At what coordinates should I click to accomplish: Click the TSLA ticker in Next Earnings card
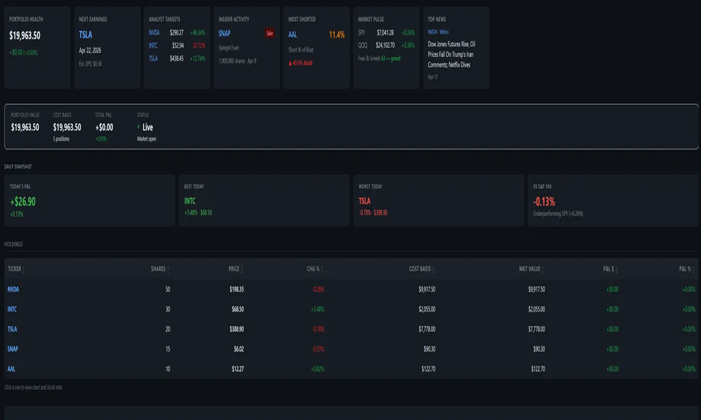tap(86, 35)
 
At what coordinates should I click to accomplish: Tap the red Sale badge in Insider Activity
tap(269, 33)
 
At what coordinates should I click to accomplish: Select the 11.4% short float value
tap(337, 35)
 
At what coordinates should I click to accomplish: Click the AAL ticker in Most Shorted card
tap(293, 35)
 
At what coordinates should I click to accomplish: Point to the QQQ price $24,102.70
tap(385, 45)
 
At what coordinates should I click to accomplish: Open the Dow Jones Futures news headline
tap(452, 54)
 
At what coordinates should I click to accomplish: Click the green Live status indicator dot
tap(139, 127)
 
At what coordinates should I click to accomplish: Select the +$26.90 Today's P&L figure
tap(23, 202)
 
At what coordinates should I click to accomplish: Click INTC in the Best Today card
tap(190, 201)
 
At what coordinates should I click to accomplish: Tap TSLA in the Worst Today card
tap(364, 201)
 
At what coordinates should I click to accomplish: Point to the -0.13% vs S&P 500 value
tap(544, 202)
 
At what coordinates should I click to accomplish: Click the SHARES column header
tap(158, 269)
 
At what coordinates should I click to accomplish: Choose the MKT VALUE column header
tap(530, 269)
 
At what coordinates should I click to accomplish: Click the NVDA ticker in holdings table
tap(13, 289)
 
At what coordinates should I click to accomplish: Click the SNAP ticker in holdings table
tap(13, 349)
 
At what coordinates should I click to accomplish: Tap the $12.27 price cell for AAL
tap(238, 369)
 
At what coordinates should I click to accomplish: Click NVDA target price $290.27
tap(177, 33)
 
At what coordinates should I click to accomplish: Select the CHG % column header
tap(314, 269)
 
